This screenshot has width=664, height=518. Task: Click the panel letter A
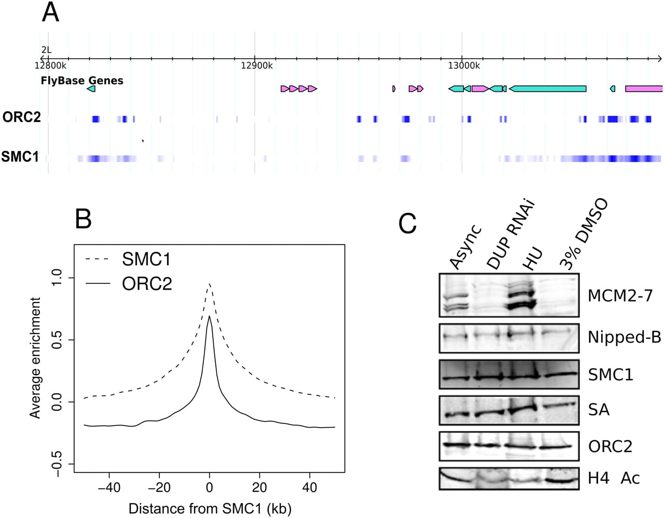coord(50,12)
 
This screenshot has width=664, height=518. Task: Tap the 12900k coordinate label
coord(257,65)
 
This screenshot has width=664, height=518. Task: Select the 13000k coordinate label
coord(464,65)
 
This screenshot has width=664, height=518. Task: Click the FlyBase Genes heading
coord(82,80)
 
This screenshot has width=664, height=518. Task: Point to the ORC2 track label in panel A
coord(21,117)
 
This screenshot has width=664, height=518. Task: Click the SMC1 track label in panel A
coord(20,157)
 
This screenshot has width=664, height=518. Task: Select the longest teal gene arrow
coord(548,89)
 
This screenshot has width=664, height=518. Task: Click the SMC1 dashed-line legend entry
coord(128,260)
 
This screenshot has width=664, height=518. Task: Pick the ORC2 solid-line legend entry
coord(129,283)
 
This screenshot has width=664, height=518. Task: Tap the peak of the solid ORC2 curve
coord(209,316)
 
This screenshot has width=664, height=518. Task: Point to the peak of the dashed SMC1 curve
coord(209,283)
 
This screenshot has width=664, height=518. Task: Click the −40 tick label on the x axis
coord(109,487)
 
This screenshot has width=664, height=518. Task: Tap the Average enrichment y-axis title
coord(35,358)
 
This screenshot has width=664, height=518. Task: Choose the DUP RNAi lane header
coord(510,235)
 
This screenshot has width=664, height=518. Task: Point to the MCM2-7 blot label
coord(620,296)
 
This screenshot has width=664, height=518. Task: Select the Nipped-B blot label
coord(625,338)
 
